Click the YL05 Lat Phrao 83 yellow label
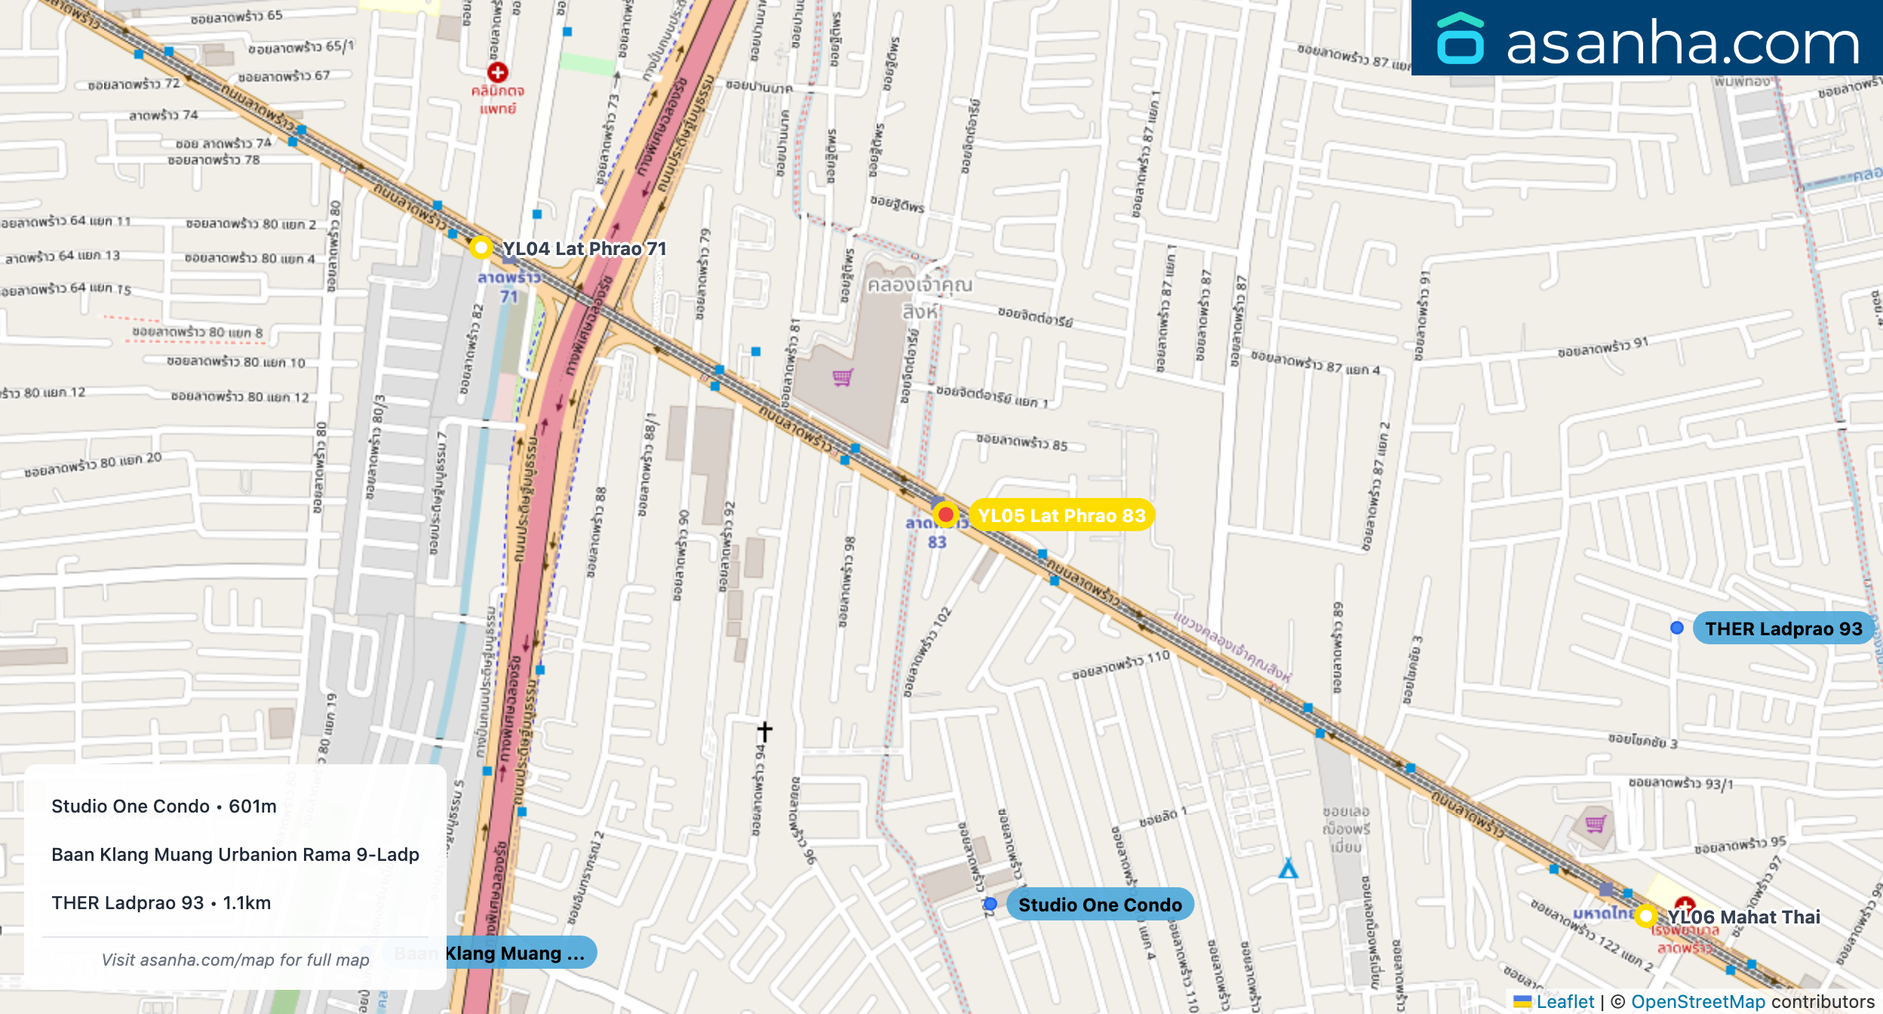(1061, 515)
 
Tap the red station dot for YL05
(945, 515)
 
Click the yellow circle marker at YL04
(481, 247)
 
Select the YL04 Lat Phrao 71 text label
(584, 248)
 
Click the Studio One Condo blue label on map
(1099, 905)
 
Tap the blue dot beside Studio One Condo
(991, 904)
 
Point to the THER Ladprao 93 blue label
(1783, 628)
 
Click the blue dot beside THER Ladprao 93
(1676, 628)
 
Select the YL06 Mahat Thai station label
(1743, 917)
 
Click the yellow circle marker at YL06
(1645, 916)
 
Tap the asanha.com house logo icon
(1460, 39)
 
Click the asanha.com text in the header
(1682, 42)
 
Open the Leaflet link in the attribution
(1565, 1001)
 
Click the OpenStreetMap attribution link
(1697, 1001)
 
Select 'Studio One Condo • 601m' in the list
(164, 806)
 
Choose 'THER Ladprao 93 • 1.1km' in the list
(161, 902)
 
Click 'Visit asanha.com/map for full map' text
(235, 960)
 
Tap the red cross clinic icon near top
(497, 72)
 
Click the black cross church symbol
(764, 731)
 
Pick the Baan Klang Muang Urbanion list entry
(235, 854)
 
